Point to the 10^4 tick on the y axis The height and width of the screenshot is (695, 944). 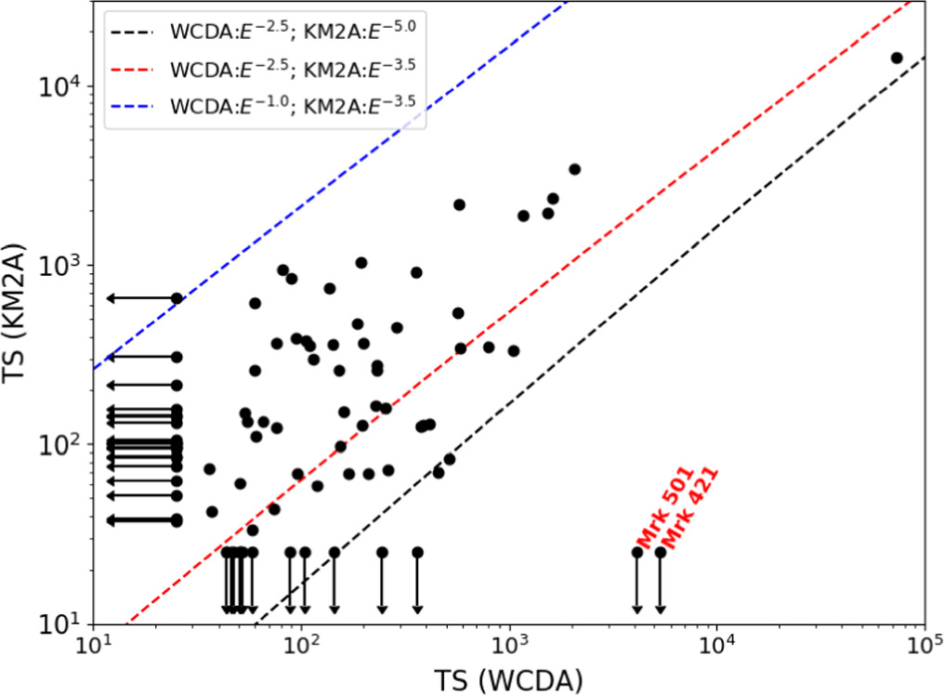coord(93,85)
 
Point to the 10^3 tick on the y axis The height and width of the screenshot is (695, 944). coord(93,265)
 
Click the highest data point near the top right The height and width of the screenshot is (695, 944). coord(897,58)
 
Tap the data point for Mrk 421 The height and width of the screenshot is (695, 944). coord(660,552)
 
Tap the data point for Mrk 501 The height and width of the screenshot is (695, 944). coord(637,552)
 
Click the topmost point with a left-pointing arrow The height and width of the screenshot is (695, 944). coord(177,298)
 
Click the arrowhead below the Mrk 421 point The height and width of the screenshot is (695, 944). coord(660,609)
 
